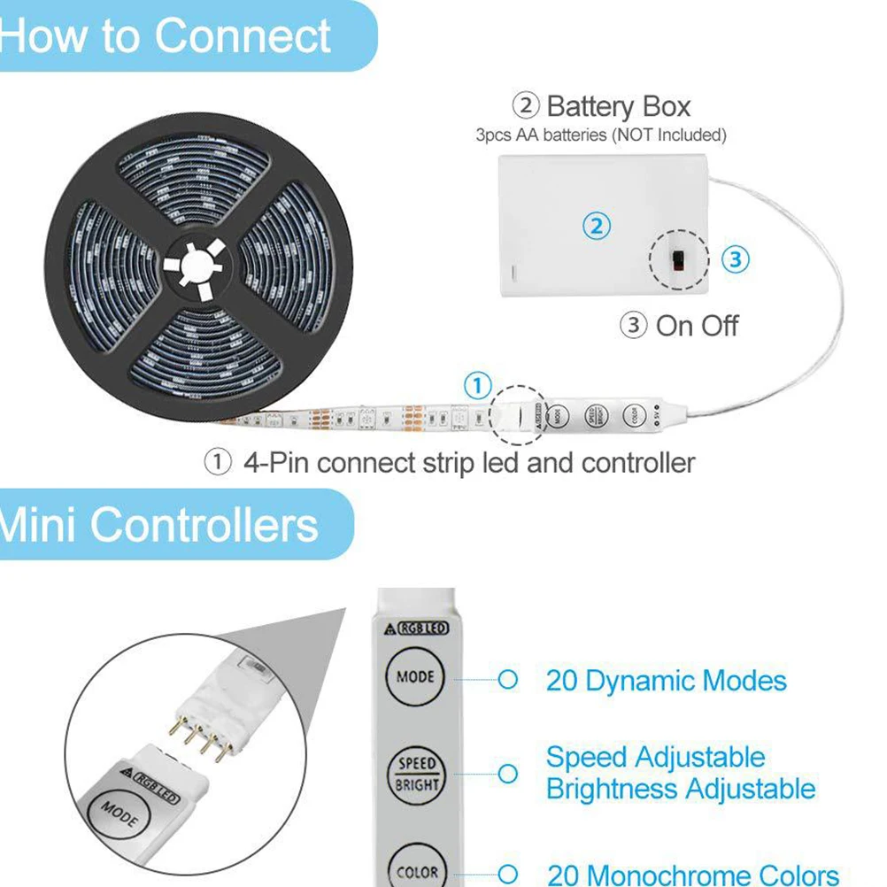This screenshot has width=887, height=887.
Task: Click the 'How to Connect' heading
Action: click(166, 37)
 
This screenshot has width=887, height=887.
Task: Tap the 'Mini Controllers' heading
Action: click(159, 524)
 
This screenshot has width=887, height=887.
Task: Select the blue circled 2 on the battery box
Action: click(597, 227)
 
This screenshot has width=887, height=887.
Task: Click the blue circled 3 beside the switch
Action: click(735, 259)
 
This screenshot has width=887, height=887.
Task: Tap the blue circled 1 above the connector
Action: click(477, 386)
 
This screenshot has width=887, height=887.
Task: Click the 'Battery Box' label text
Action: click(618, 107)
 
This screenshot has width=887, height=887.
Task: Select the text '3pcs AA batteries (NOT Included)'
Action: click(601, 135)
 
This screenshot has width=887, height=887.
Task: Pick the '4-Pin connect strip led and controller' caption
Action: click(468, 462)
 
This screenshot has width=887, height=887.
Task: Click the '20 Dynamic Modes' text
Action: click(666, 681)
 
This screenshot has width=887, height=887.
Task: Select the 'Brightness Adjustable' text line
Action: click(681, 789)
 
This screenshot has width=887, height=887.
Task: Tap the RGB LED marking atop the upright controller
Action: click(421, 629)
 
